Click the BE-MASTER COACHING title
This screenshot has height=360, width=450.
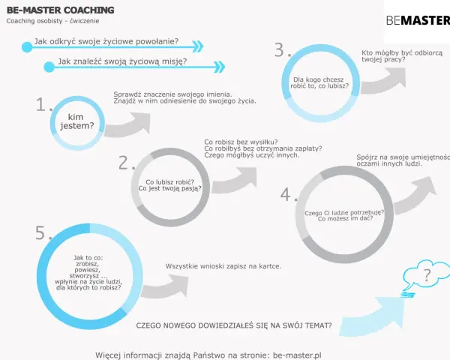(x=60, y=10)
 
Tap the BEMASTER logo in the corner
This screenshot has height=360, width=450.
(x=418, y=20)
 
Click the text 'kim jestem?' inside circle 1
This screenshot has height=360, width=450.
(x=76, y=121)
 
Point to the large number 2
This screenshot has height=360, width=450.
(x=124, y=163)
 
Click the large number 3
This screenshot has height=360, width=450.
(x=279, y=50)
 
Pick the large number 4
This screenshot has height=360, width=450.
(x=286, y=194)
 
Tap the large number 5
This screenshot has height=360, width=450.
(x=40, y=232)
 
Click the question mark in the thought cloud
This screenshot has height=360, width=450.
(x=427, y=275)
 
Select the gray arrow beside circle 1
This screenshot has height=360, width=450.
(x=127, y=125)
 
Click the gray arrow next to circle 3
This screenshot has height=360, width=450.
(x=383, y=81)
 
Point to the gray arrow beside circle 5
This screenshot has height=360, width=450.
(x=165, y=286)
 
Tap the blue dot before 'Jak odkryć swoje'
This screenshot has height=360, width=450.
(x=27, y=47)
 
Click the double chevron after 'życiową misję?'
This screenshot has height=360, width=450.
(x=220, y=67)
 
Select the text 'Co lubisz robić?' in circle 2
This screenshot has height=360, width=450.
(x=170, y=182)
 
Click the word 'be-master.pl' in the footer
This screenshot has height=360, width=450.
(x=297, y=355)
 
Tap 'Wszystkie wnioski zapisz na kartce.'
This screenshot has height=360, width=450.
(x=223, y=266)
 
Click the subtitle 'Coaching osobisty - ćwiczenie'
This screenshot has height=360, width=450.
(x=52, y=21)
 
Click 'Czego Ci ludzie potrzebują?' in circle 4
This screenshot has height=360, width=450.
(x=344, y=213)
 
